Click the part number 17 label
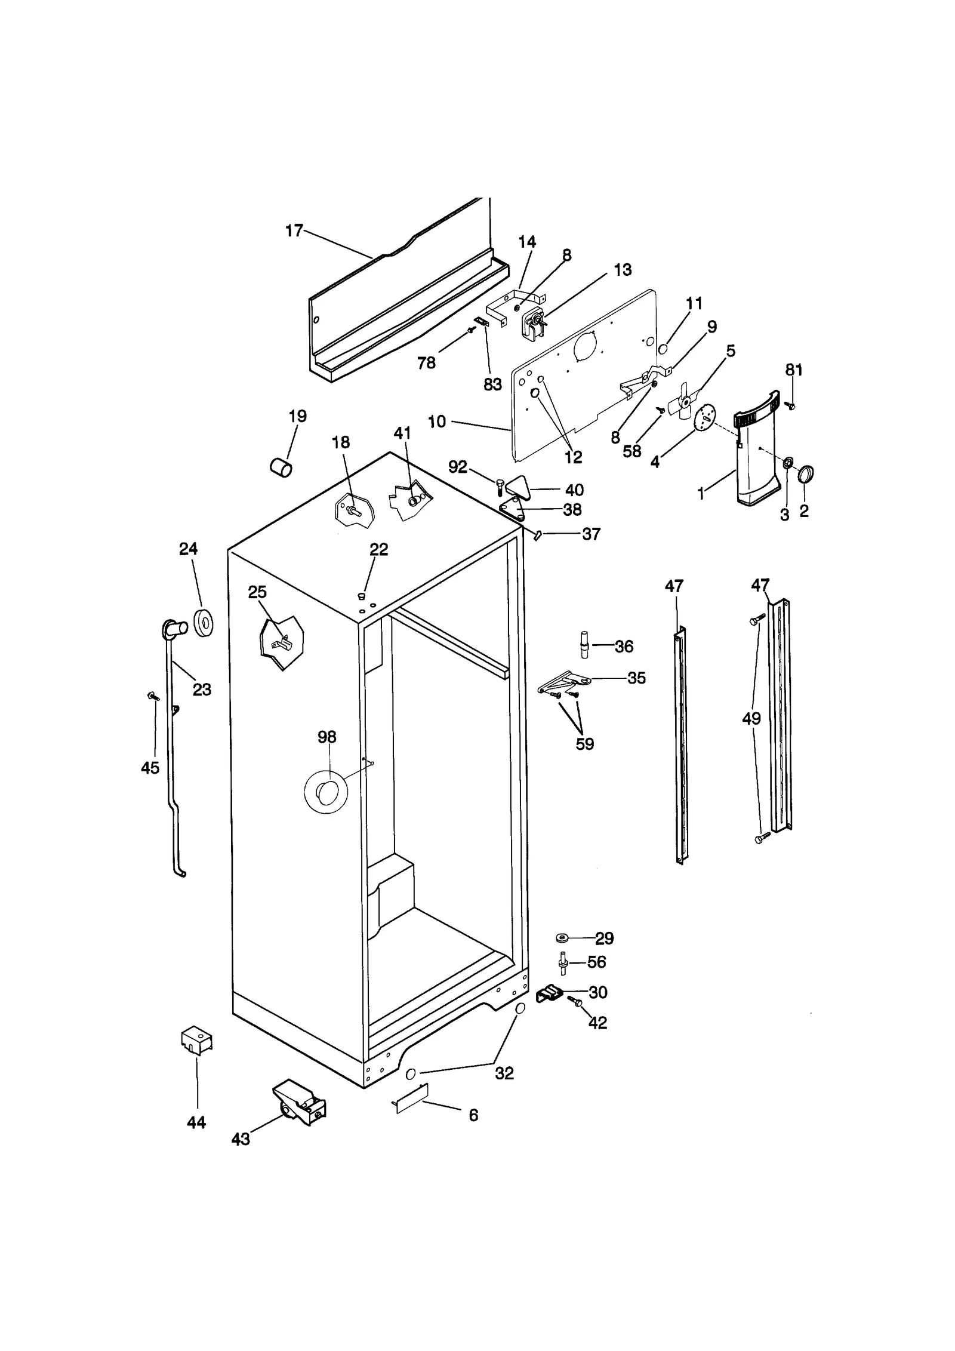point(294,231)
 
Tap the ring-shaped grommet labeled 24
point(205,624)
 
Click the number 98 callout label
point(326,737)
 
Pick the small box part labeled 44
point(196,1041)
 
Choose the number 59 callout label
point(584,744)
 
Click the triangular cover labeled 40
point(519,488)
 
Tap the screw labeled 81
point(791,405)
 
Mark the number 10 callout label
point(436,422)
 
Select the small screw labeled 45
point(153,695)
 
